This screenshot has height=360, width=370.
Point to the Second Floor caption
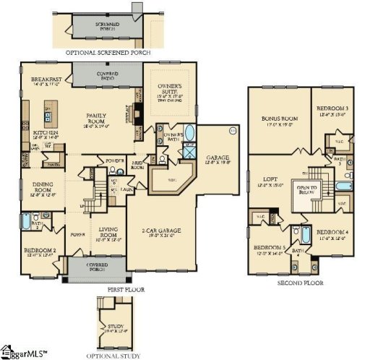(x=300, y=283)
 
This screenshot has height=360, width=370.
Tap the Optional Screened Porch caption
(x=108, y=53)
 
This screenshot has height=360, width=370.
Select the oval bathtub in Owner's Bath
(x=189, y=134)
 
